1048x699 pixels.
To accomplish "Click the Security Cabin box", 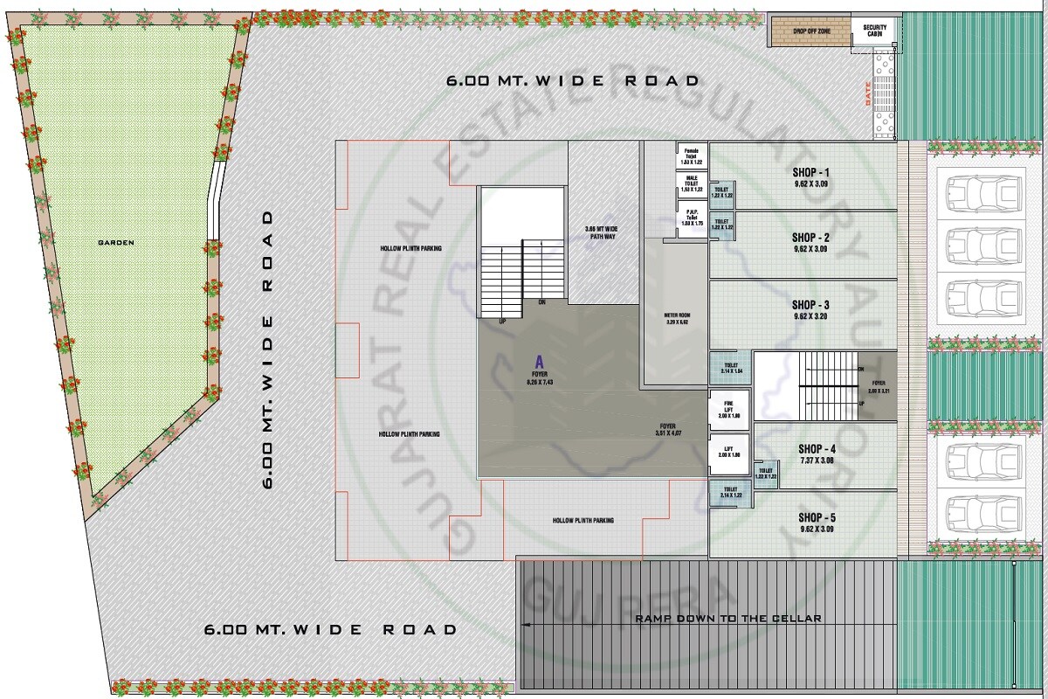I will tap(874, 31).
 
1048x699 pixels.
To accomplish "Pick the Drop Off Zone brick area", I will tap(811, 31).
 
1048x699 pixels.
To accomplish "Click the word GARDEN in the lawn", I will tap(117, 243).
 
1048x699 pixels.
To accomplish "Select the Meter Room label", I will tap(678, 318).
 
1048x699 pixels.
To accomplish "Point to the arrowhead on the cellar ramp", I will tap(526, 624).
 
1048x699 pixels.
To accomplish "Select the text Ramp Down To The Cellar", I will tap(727, 619).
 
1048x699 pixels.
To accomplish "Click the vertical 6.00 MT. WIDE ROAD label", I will tap(268, 349).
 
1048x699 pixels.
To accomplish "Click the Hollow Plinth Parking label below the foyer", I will tap(583, 521).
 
